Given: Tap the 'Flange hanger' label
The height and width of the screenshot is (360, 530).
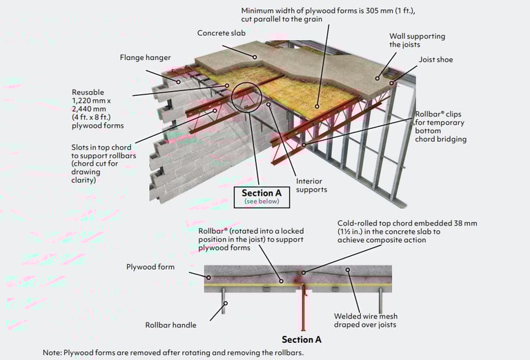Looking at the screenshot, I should [146, 58].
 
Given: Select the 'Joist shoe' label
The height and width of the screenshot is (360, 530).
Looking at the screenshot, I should [436, 60].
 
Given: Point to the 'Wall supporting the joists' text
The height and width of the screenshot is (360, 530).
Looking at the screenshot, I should [418, 41].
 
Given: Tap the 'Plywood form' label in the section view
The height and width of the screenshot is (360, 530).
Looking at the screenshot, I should [150, 266].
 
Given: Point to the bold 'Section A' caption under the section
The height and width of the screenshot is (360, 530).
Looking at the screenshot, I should [302, 339].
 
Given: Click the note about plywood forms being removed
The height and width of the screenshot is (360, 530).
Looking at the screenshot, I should [173, 352].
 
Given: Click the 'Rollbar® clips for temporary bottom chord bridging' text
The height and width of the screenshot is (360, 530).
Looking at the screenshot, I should [440, 127].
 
